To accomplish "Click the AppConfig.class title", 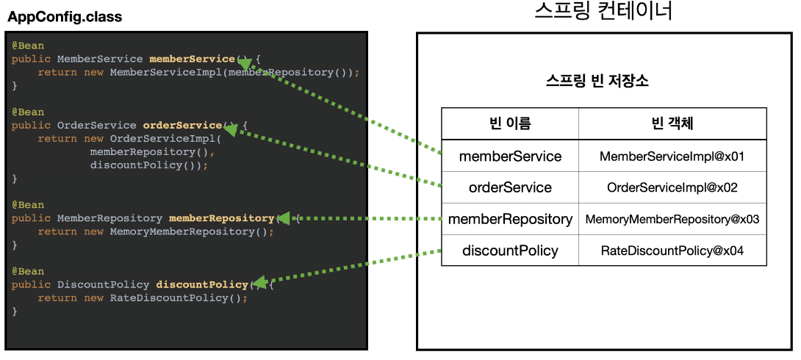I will click(x=65, y=17).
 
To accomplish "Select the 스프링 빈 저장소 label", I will click(x=597, y=81).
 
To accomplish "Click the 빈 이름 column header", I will click(x=510, y=123).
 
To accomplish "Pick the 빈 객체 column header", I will click(x=672, y=123).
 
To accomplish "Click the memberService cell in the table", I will click(x=510, y=156).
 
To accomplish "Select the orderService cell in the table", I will click(x=510, y=187).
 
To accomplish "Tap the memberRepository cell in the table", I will click(x=510, y=219).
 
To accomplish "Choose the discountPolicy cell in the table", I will click(x=510, y=251).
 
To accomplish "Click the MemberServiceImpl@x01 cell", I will click(x=672, y=156).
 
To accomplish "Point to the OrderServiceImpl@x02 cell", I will click(x=672, y=187).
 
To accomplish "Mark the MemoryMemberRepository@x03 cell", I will click(x=672, y=219).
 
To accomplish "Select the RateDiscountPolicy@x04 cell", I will click(x=672, y=251).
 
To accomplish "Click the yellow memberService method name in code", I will click(x=192, y=59).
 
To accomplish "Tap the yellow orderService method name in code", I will click(x=182, y=125).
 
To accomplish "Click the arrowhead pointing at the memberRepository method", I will click(x=284, y=218).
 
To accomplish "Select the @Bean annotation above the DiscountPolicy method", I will click(x=28, y=271).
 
